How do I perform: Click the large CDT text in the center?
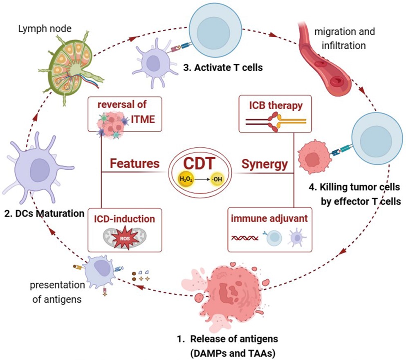coord(198,164)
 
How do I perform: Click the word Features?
coord(134,164)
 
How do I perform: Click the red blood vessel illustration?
coord(327,57)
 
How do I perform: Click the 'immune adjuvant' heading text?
coord(270,219)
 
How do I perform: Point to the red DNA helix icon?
coord(246,238)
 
